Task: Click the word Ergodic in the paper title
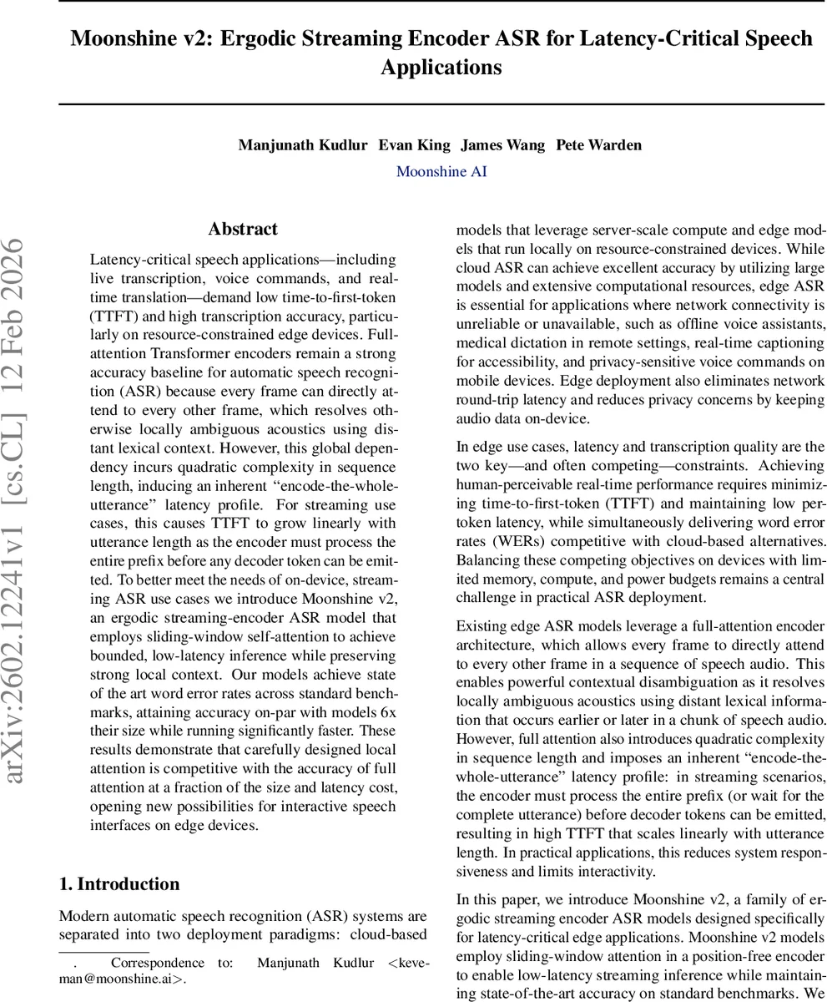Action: [x=264, y=39]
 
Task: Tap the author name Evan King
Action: [x=414, y=144]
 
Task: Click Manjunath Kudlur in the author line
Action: [x=303, y=144]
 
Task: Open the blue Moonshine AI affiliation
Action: [x=441, y=172]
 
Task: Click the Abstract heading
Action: [x=243, y=230]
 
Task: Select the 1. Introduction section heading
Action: [x=119, y=884]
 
